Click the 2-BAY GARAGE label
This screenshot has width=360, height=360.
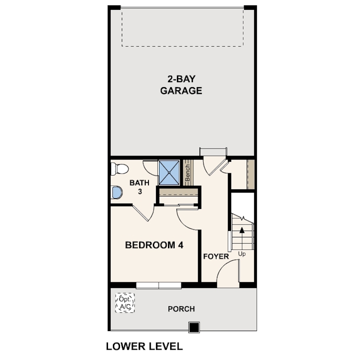181,85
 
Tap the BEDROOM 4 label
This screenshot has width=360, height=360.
154,245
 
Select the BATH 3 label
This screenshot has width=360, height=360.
140,187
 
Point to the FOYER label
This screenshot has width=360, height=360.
216,256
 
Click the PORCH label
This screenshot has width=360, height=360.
181,309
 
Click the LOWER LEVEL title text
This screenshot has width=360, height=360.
144,346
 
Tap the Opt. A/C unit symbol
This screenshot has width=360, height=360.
125,303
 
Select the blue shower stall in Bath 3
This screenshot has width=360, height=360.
169,172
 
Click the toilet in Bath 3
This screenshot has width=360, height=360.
120,169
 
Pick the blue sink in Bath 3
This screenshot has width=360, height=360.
116,192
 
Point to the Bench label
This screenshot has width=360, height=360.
188,172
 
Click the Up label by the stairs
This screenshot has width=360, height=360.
242,254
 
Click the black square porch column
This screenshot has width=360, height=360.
194,327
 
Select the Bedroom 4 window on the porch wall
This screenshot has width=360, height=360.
159,285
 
